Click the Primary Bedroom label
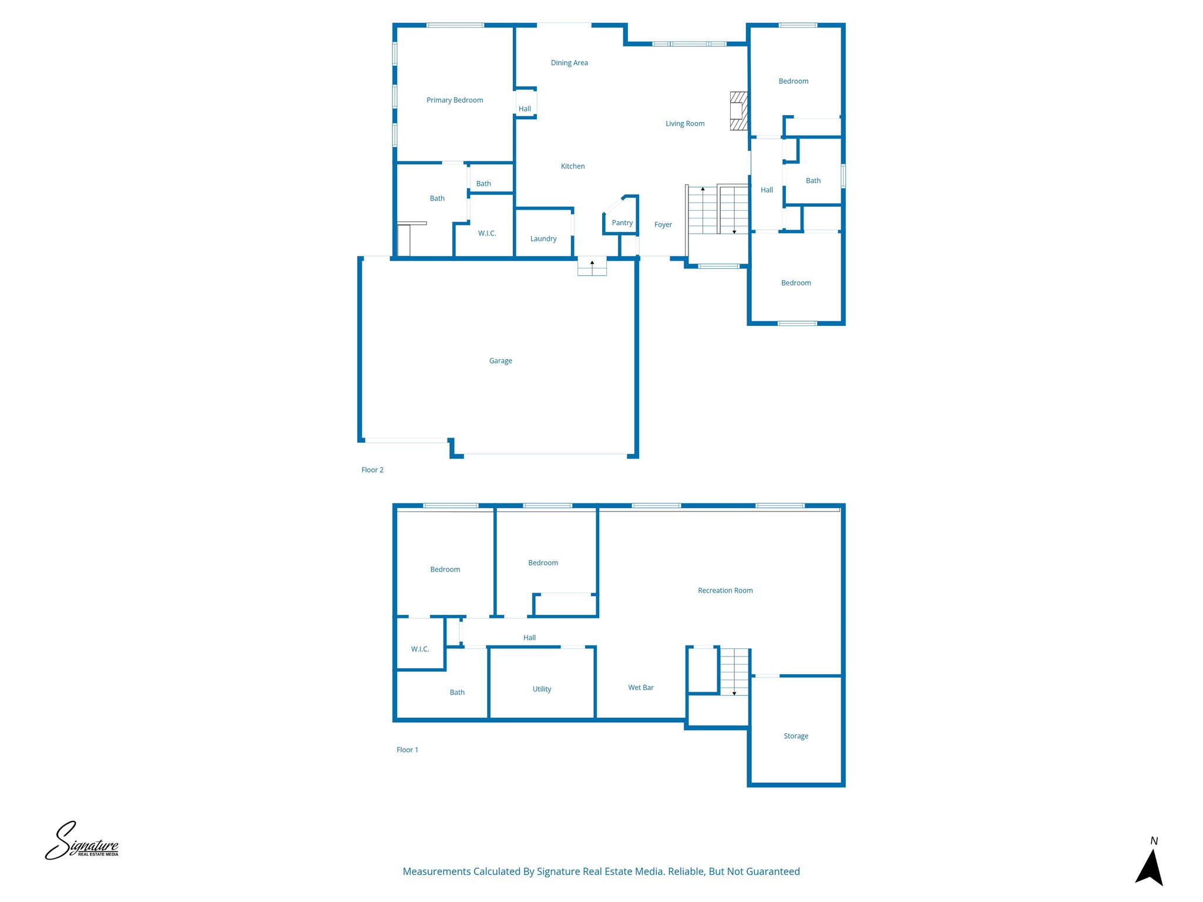[455, 100]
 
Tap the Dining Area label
[569, 63]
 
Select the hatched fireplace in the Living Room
[738, 111]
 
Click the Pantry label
[622, 223]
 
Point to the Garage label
[500, 361]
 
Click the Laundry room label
[543, 239]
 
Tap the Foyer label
[663, 225]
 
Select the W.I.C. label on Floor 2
[487, 234]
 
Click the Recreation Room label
[725, 591]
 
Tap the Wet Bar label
[640, 688]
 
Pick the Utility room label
[542, 689]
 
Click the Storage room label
[795, 736]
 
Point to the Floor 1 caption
[407, 750]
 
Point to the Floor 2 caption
[372, 470]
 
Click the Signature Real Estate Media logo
[82, 841]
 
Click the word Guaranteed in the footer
[771, 871]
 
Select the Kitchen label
[572, 167]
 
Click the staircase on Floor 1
[734, 672]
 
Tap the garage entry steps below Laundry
[592, 267]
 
